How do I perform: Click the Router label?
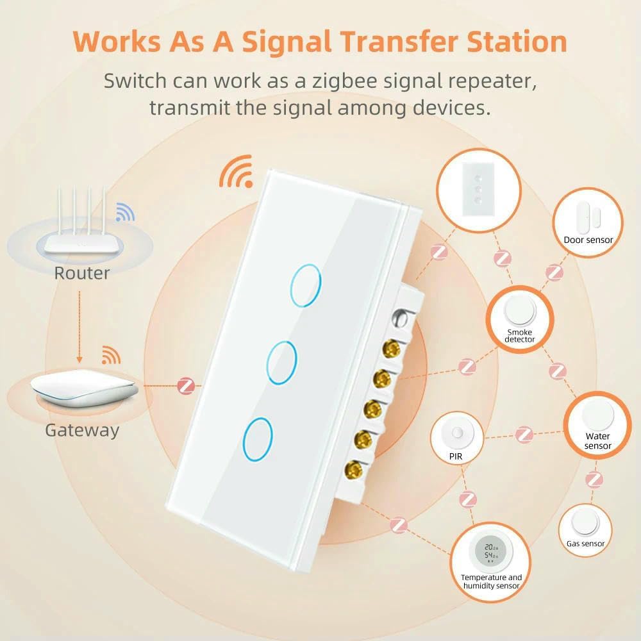click(81, 273)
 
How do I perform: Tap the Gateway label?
click(82, 429)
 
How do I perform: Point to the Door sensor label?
click(588, 240)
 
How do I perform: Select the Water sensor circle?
click(597, 426)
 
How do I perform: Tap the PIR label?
click(456, 456)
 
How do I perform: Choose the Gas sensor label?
click(585, 544)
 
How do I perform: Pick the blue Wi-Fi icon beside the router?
click(125, 212)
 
